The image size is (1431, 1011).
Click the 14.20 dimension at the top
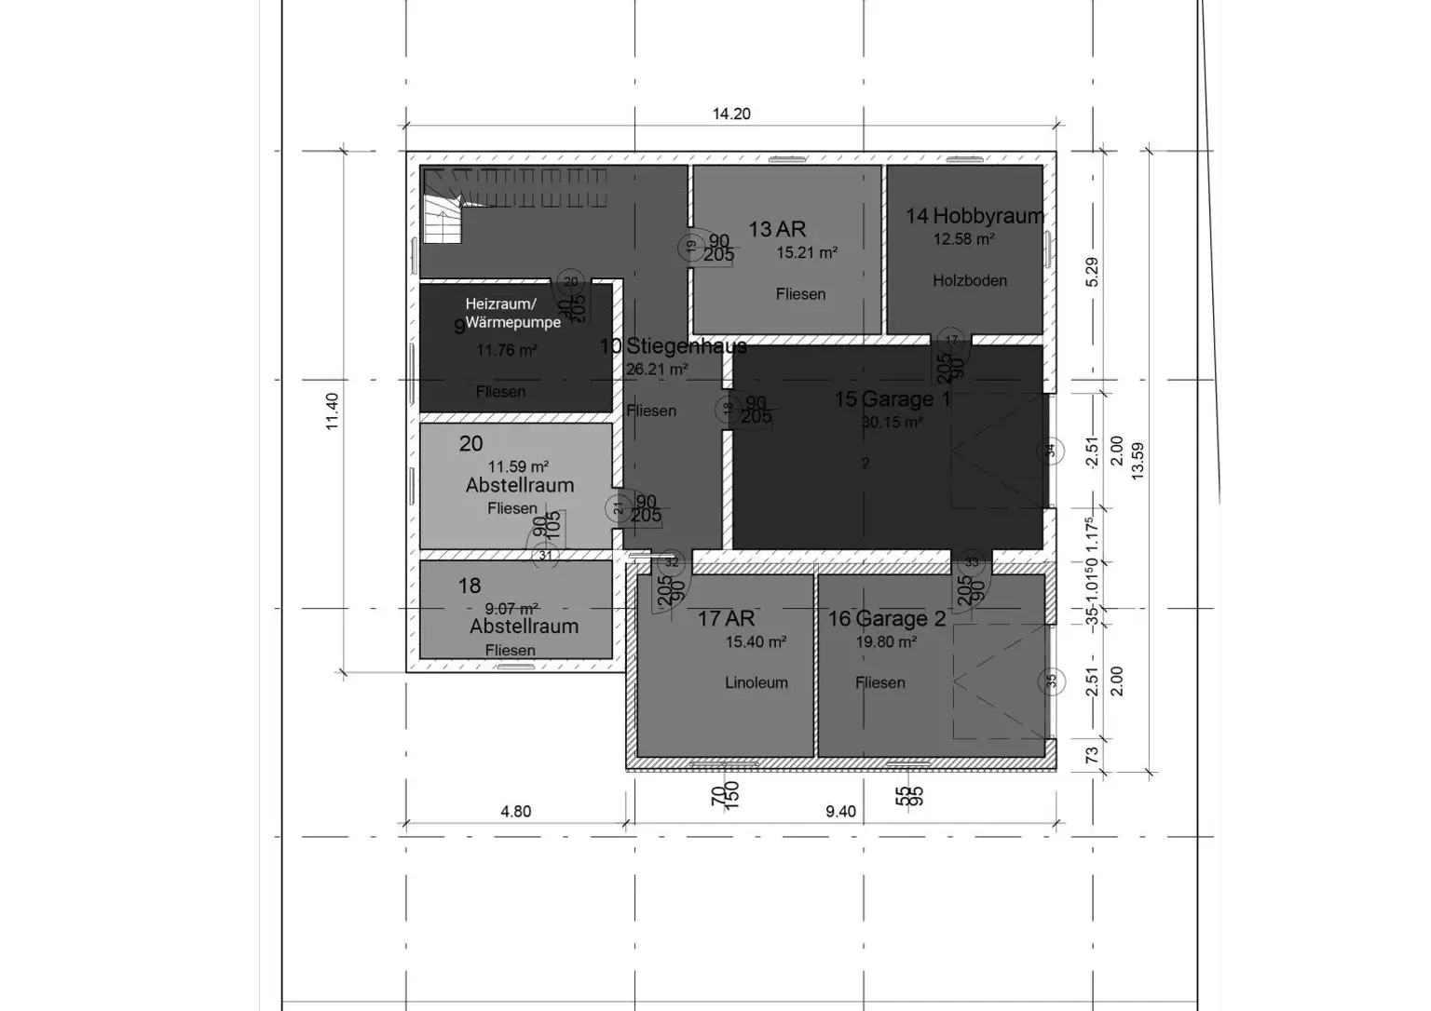(731, 114)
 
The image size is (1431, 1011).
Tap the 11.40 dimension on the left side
(332, 411)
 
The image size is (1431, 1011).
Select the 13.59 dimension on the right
(1137, 460)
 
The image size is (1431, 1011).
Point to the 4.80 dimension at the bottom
(515, 811)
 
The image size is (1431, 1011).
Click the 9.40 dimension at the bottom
(840, 811)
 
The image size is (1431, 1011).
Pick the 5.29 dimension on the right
(1092, 272)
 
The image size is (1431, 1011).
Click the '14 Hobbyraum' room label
(974, 216)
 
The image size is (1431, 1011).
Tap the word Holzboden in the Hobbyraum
(970, 280)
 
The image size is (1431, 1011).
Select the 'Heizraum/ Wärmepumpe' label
(512, 313)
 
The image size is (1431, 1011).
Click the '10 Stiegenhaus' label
(673, 346)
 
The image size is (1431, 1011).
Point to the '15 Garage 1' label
(893, 399)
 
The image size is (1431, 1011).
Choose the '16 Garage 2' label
(887, 619)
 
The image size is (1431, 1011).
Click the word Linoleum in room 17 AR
(756, 682)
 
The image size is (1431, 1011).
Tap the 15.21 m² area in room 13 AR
(807, 252)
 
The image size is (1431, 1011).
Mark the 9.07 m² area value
(511, 609)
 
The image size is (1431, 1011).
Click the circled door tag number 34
(1050, 452)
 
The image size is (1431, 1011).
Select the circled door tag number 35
(1051, 681)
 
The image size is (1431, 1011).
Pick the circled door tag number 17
(950, 341)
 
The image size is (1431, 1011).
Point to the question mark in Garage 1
(865, 464)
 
